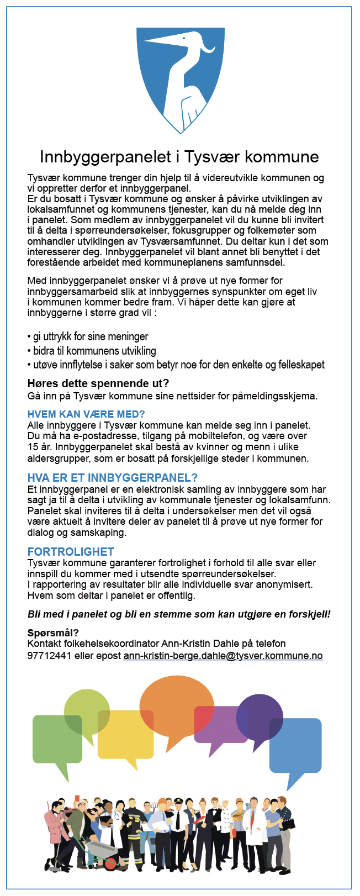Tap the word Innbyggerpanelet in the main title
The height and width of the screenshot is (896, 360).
tap(105, 157)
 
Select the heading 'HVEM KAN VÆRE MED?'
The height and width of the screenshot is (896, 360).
tap(86, 414)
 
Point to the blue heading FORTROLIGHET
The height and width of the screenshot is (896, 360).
tap(71, 551)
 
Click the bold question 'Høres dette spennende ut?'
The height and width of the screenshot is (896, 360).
tap(98, 383)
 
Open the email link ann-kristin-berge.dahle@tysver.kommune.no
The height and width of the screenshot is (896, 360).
tap(223, 656)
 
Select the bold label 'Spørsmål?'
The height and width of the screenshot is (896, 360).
tap(53, 633)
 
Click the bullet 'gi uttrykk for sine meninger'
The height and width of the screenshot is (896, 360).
tap(90, 336)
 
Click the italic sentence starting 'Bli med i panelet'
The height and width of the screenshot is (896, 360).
tap(179, 614)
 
